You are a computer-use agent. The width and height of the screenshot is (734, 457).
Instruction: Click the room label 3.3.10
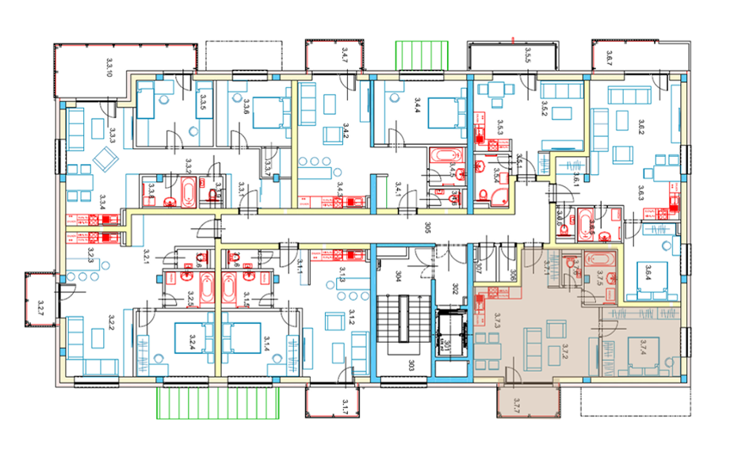[x=109, y=67]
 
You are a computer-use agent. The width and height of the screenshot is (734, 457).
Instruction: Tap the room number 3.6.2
[x=641, y=128]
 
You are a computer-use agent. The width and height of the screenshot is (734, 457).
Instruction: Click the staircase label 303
[x=411, y=366]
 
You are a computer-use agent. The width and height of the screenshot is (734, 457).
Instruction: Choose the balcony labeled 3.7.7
[x=516, y=402]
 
